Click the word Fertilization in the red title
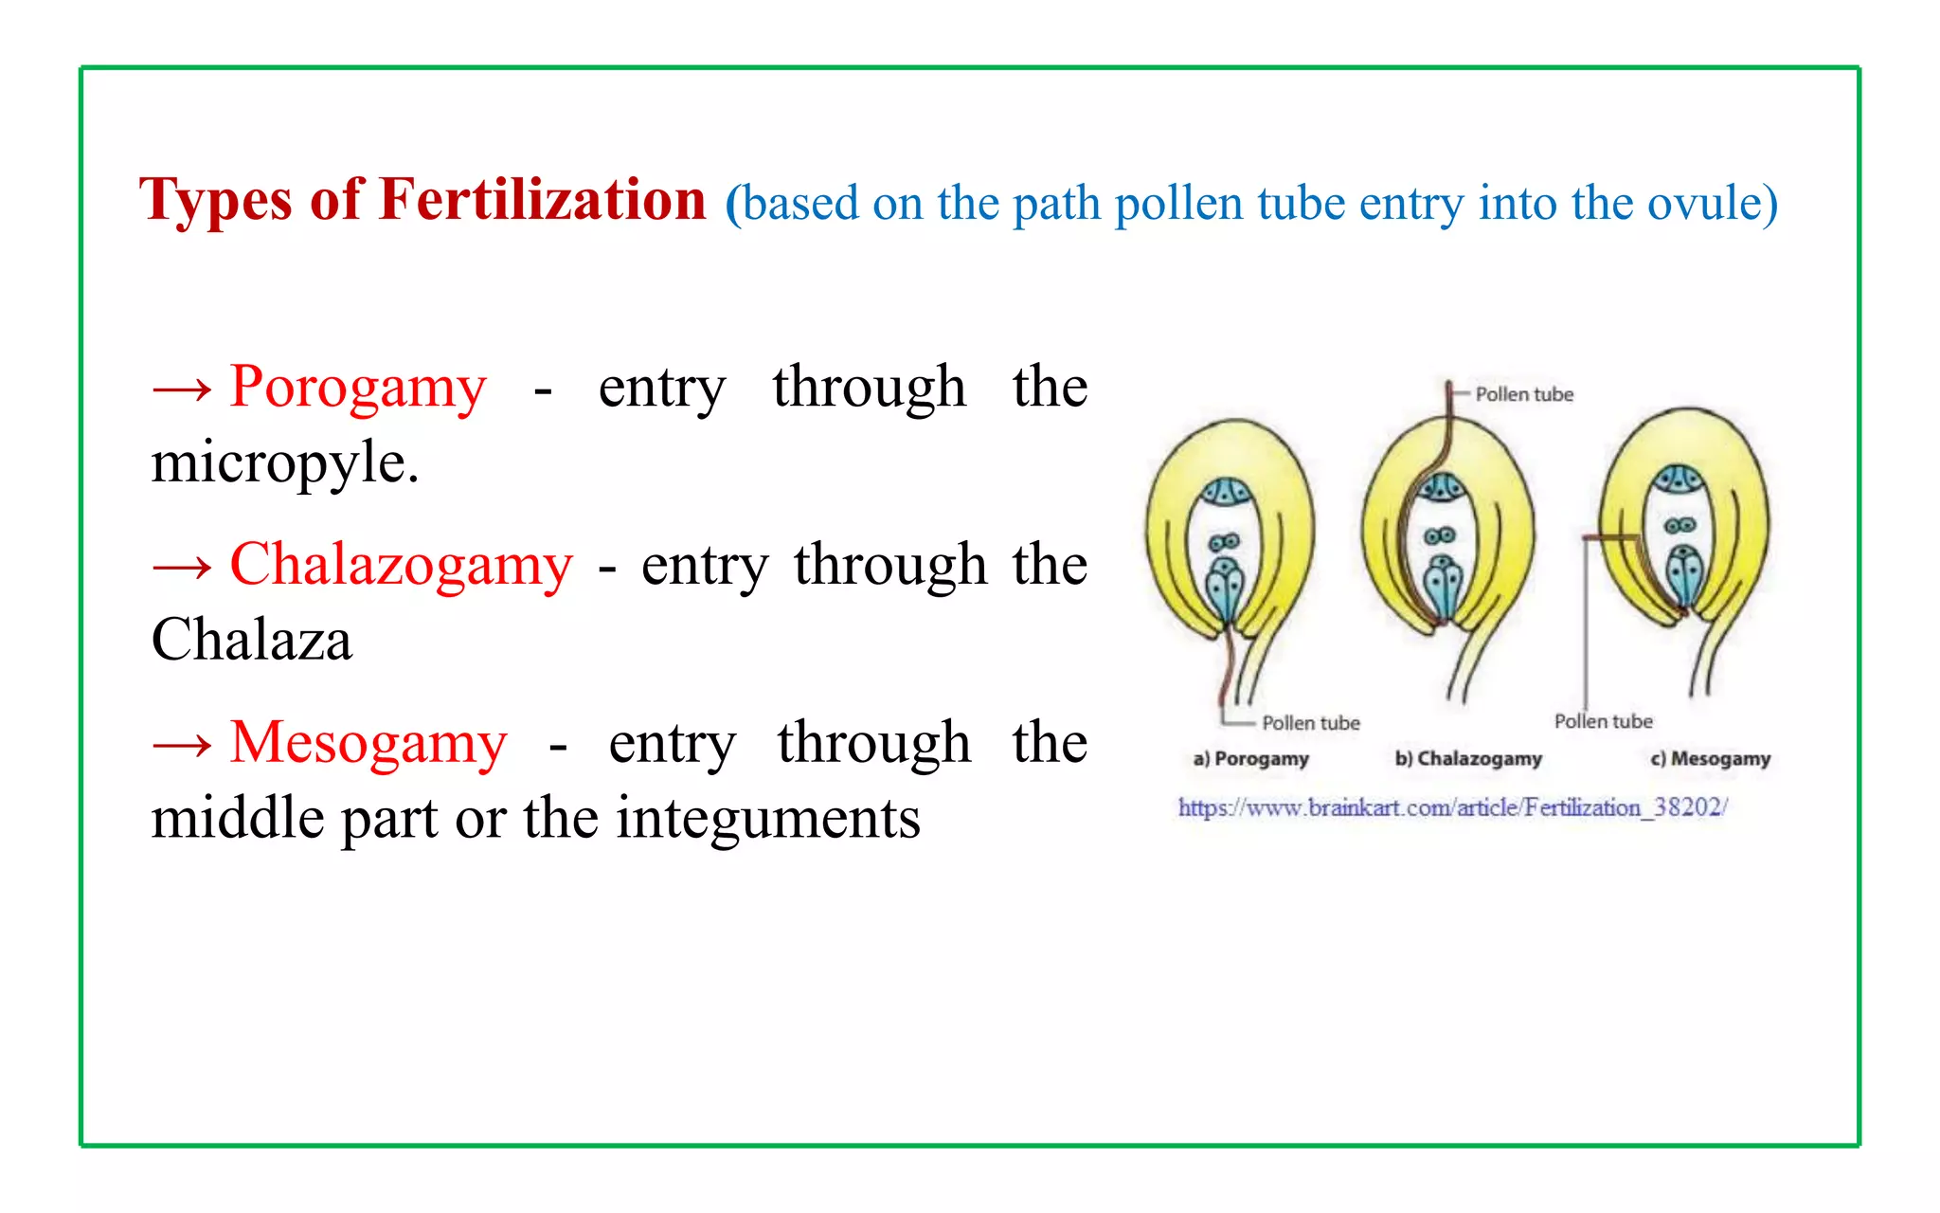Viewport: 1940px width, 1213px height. pyautogui.click(x=543, y=200)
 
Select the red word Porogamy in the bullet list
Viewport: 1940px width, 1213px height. pyautogui.click(x=358, y=388)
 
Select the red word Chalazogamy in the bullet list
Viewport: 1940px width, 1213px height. pyautogui.click(x=401, y=565)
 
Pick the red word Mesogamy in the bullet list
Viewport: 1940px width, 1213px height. pyautogui.click(x=368, y=742)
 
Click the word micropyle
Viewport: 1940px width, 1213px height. pyautogui.click(x=284, y=463)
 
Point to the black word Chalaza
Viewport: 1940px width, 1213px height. pyautogui.click(x=252, y=640)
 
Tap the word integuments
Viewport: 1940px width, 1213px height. pyautogui.click(x=768, y=818)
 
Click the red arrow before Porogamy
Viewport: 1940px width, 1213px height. pyautogui.click(x=182, y=389)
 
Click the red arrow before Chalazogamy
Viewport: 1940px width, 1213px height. pyautogui.click(x=182, y=567)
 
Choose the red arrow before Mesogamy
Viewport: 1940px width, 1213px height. pyautogui.click(x=182, y=744)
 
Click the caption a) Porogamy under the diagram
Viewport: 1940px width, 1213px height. pyautogui.click(x=1250, y=758)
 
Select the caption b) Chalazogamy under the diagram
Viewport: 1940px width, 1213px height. pyautogui.click(x=1468, y=758)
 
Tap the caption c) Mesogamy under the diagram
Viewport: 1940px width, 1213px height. pyautogui.click(x=1710, y=758)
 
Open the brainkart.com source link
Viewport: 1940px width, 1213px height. pyautogui.click(x=1453, y=807)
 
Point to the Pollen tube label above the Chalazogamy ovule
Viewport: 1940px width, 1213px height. pyautogui.click(x=1524, y=394)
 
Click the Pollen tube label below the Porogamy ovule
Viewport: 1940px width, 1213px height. pyautogui.click(x=1311, y=723)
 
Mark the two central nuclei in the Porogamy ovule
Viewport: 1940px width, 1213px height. pyautogui.click(x=1224, y=542)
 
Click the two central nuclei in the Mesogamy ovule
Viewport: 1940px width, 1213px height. pyautogui.click(x=1680, y=526)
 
